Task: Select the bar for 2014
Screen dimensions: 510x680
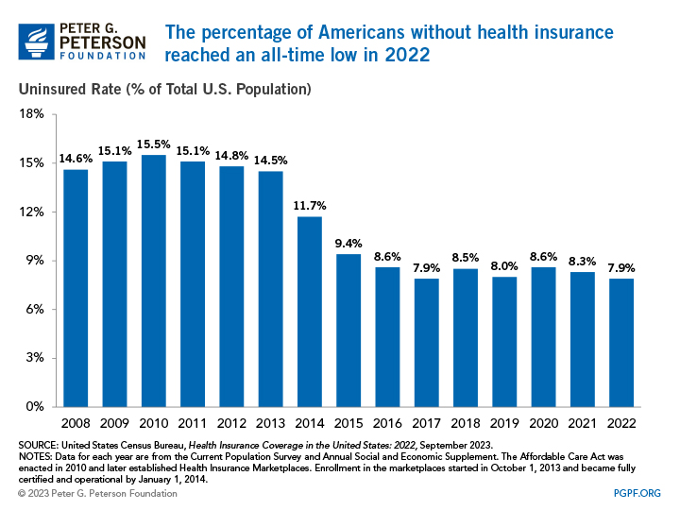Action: [310, 312]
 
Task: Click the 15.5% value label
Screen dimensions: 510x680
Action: [153, 144]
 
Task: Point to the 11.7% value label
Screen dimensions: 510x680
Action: [310, 205]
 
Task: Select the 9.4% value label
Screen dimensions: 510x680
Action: [348, 243]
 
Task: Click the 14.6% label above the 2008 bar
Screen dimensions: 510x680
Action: [76, 158]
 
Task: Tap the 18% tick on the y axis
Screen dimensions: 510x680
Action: [32, 114]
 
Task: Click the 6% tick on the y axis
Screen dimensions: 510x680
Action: [35, 309]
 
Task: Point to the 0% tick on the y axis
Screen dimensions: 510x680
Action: [35, 407]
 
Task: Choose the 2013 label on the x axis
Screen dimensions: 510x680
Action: [270, 424]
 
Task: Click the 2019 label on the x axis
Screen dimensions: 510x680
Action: [503, 424]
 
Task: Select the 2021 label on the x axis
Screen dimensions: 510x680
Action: [582, 424]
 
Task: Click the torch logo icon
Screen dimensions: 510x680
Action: [36, 42]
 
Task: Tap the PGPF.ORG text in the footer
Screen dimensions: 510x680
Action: [634, 492]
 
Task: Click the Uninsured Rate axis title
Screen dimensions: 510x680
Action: [161, 90]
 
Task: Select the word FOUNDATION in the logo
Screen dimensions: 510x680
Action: [102, 57]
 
